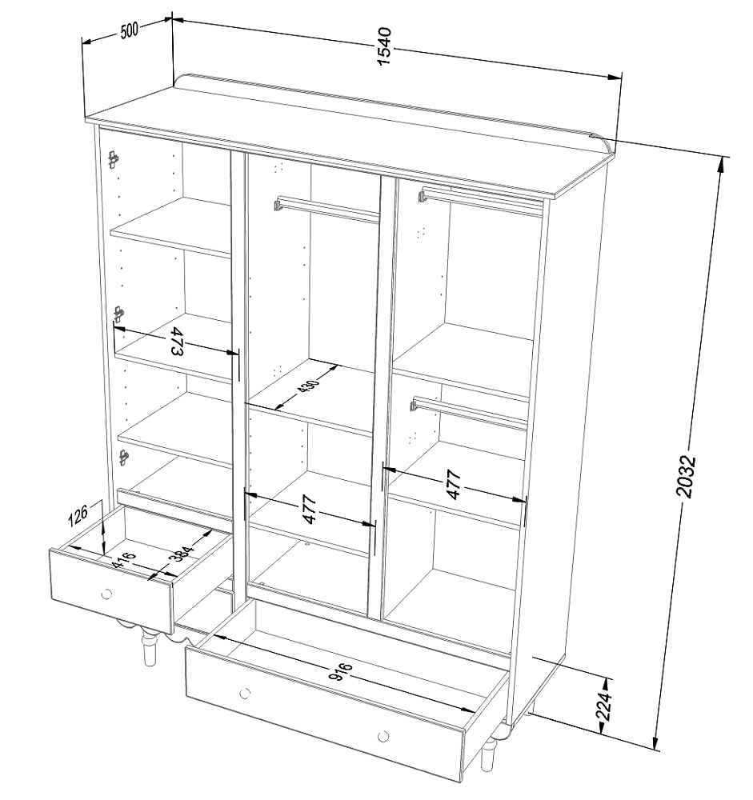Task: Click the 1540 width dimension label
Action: click(384, 46)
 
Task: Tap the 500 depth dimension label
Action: click(129, 30)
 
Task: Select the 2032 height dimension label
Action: click(685, 476)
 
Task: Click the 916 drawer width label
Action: click(341, 671)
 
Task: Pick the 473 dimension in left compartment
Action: click(175, 342)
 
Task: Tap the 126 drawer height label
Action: click(78, 514)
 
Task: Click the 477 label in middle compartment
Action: click(310, 509)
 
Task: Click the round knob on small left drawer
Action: click(106, 594)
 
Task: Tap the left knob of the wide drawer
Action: click(245, 693)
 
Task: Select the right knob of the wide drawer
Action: click(383, 736)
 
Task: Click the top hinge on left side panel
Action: click(114, 160)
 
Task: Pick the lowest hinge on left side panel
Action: click(123, 457)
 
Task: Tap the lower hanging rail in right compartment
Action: click(469, 411)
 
